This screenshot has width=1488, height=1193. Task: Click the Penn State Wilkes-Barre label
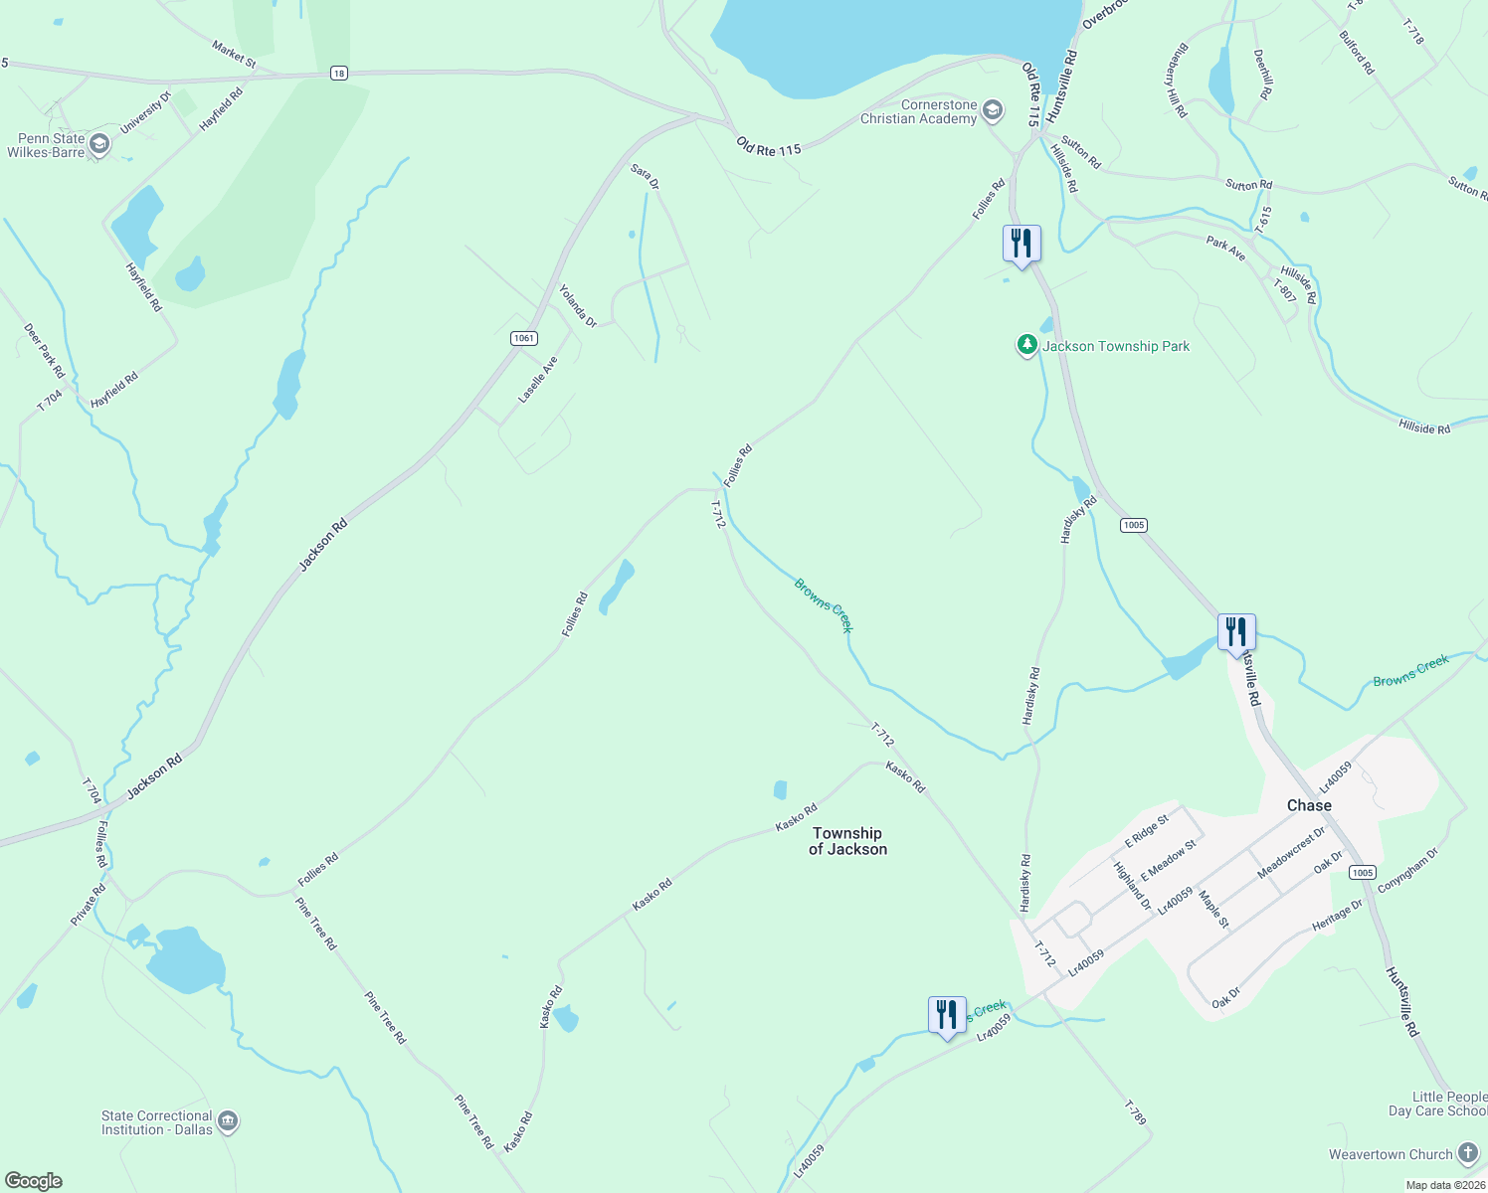tap(46, 145)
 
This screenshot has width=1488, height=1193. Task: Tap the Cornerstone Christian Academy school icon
tap(992, 110)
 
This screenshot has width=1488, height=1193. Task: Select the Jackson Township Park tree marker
tap(1026, 345)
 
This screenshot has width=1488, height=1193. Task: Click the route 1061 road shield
tap(524, 338)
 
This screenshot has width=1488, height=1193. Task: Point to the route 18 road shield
tap(339, 74)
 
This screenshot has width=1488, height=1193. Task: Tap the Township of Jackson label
tap(847, 841)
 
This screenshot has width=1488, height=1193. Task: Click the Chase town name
tap(1308, 805)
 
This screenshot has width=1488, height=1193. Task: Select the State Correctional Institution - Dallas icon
tap(228, 1121)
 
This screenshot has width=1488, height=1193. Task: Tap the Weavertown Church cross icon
tap(1468, 1153)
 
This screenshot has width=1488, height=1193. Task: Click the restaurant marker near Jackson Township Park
tap(1022, 244)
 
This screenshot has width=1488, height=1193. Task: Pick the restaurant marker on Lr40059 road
tap(946, 1015)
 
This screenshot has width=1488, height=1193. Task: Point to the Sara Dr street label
tap(646, 177)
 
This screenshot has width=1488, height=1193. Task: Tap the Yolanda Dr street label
tap(578, 306)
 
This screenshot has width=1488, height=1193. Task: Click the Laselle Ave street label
tap(538, 380)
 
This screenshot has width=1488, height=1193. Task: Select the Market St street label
tap(234, 54)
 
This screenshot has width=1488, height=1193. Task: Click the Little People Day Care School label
tap(1438, 1104)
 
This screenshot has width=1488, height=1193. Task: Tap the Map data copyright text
tap(1444, 1185)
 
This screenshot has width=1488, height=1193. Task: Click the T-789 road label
tap(1135, 1112)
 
